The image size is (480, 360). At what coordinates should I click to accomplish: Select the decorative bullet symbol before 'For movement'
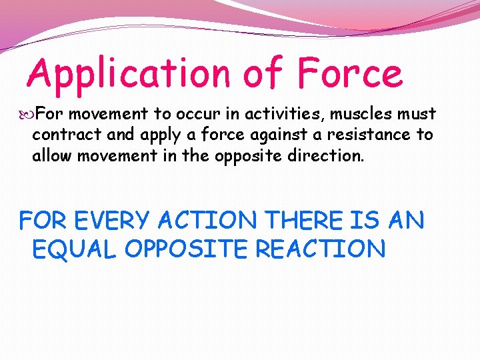(26, 115)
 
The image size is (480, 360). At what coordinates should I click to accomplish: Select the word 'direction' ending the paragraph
(329, 156)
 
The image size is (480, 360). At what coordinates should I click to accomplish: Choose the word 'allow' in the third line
(54, 156)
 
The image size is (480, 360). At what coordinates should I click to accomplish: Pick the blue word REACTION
(321, 249)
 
